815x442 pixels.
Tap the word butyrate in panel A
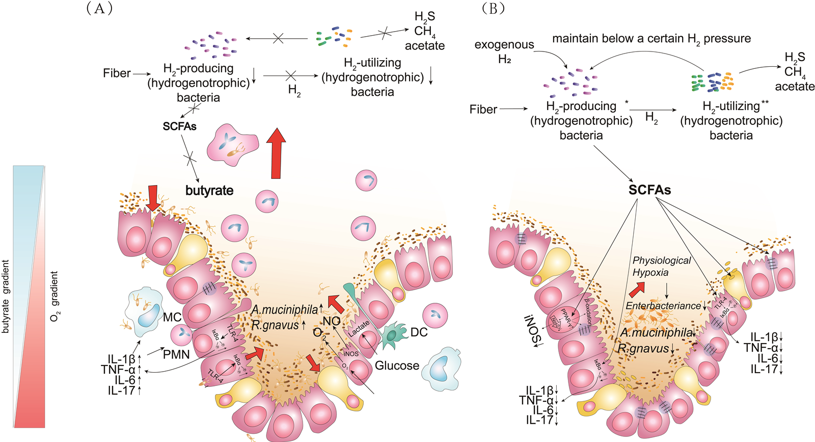[x=209, y=191]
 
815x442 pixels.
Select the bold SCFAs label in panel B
[x=649, y=190]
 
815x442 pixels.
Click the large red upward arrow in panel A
[x=276, y=153]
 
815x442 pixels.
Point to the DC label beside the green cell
[x=419, y=332]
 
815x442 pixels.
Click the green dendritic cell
[x=393, y=334]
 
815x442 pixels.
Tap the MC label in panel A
[x=172, y=317]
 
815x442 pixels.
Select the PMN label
[x=176, y=354]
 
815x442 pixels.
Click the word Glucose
[x=397, y=366]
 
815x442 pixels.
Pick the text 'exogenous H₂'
[x=504, y=51]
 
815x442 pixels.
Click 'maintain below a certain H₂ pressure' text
[x=651, y=39]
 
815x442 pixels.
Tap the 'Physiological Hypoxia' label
[x=661, y=266]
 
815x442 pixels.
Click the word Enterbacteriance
[x=663, y=306]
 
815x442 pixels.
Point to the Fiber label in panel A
[x=117, y=73]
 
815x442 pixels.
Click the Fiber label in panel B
[x=483, y=109]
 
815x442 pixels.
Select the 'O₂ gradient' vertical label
[x=55, y=296]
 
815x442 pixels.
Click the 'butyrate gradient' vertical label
[x=6, y=297]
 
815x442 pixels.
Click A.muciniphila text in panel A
[x=285, y=309]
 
